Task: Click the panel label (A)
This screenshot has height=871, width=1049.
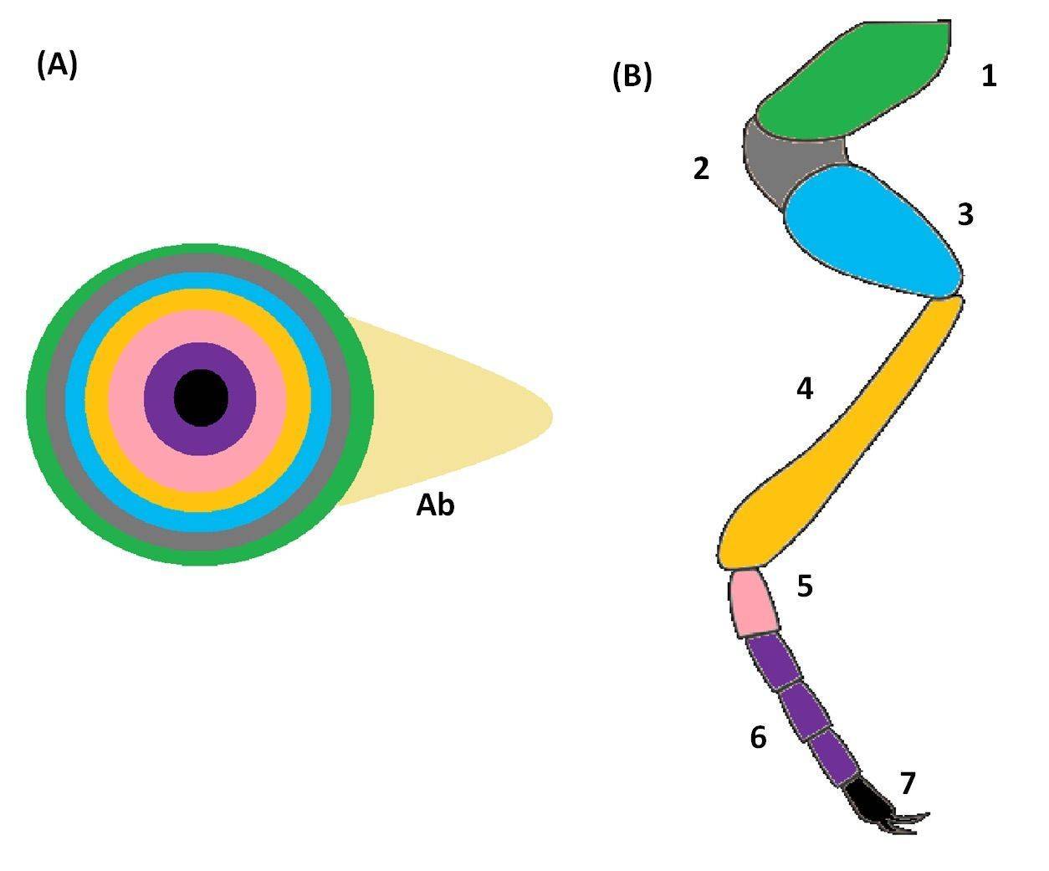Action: [x=57, y=66]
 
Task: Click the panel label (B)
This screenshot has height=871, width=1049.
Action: [x=632, y=77]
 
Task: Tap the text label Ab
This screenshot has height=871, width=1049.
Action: [x=435, y=505]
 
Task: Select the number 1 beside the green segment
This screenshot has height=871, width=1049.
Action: [x=990, y=76]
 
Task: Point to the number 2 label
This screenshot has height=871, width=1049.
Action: [x=701, y=168]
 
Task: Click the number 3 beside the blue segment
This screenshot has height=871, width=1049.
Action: [x=965, y=214]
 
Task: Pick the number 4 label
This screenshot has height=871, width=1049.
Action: [x=805, y=388]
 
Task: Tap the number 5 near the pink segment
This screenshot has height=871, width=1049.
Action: [x=806, y=586]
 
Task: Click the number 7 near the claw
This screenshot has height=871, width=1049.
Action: [x=908, y=783]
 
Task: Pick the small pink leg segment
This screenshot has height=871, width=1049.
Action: [x=753, y=602]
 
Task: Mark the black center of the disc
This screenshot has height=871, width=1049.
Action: [x=201, y=397]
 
